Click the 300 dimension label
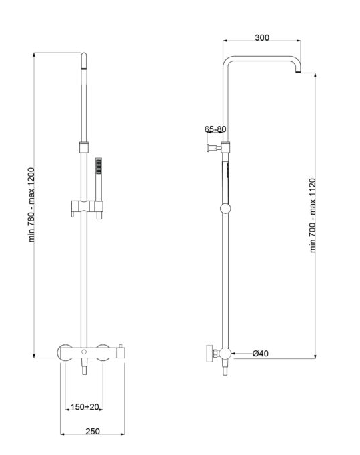point(262,37)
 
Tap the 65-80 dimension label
point(215,129)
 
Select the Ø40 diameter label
point(260,354)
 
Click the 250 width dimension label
point(93,432)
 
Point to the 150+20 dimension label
point(85,407)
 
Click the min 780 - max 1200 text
point(31,205)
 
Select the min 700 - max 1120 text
point(313,215)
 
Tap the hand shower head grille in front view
point(99,166)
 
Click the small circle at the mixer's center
point(84,352)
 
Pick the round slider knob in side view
point(225,209)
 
